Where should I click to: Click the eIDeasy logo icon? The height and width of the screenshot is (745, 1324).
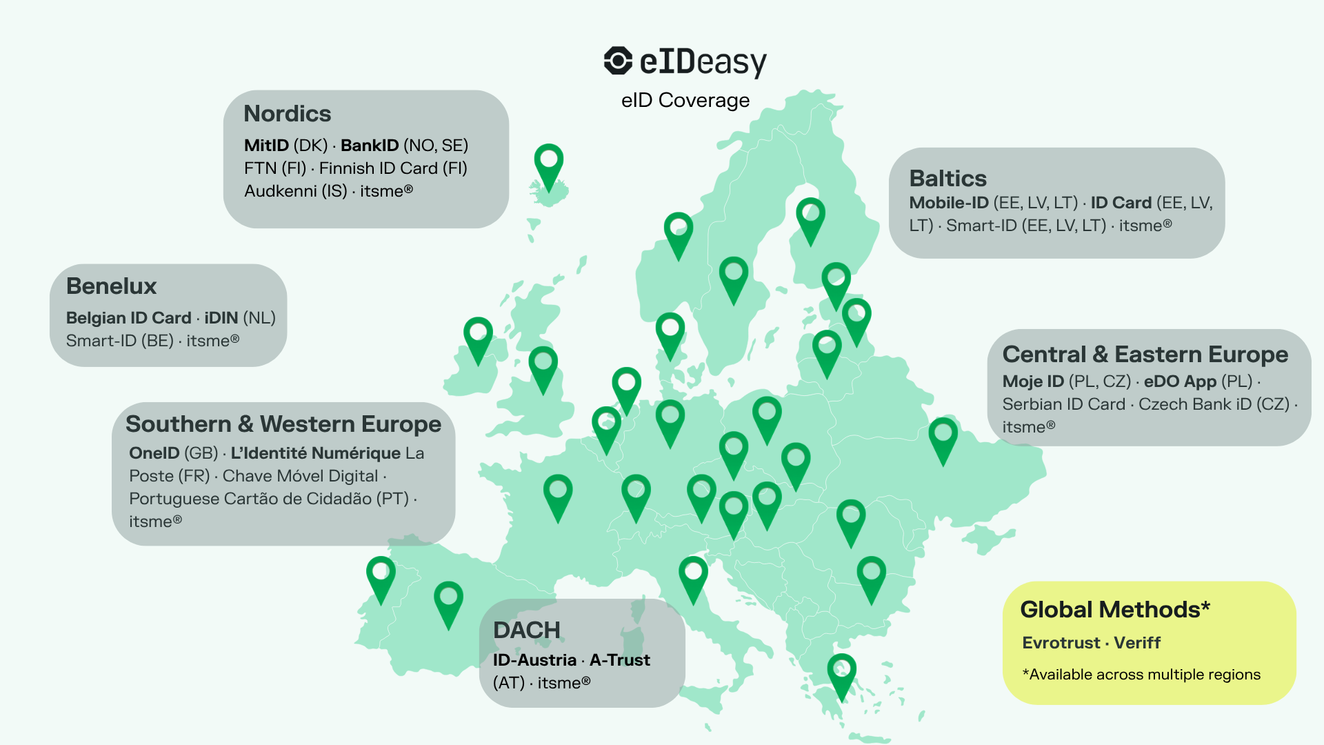point(618,61)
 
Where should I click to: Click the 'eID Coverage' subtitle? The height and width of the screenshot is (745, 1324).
point(685,101)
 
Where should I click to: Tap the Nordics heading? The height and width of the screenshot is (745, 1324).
point(287,114)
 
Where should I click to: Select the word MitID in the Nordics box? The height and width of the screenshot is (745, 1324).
point(266,146)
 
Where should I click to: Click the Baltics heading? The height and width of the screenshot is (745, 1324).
point(947,179)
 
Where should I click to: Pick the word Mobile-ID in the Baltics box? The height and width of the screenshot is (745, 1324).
point(948,203)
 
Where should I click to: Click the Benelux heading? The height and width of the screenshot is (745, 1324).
point(111,286)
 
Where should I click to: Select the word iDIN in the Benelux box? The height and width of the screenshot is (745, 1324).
point(221,318)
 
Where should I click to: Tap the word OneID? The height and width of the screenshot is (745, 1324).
point(154,453)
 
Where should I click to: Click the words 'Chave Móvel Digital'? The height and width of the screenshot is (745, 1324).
point(300,476)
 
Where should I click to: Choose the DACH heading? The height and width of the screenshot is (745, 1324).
point(526,630)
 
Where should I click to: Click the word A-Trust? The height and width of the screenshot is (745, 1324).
point(619,660)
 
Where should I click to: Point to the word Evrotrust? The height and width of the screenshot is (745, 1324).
point(1061,643)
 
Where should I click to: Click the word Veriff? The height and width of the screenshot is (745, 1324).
point(1137,643)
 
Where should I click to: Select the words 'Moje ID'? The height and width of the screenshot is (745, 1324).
point(1033,381)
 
